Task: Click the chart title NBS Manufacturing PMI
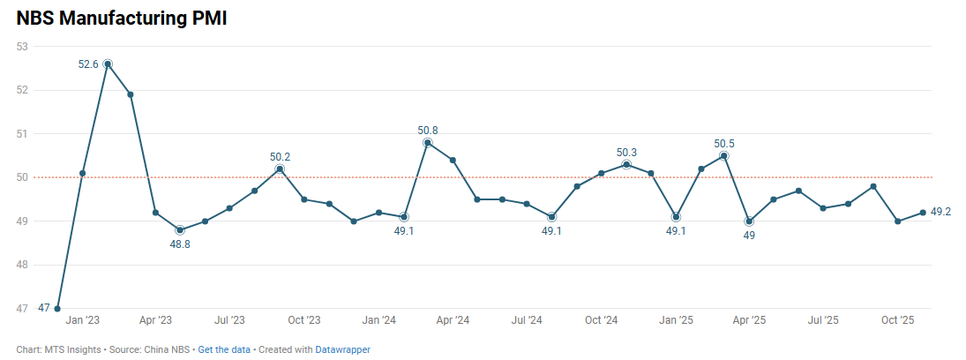point(122,19)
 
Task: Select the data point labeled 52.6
point(107,64)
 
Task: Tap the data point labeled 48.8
point(180,229)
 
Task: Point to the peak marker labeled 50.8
point(428,142)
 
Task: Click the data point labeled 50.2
point(280,169)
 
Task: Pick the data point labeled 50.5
point(724,155)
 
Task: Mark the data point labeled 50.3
point(626,164)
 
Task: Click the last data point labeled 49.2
point(923,212)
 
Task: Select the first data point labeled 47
point(57,309)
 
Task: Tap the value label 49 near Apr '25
point(749,236)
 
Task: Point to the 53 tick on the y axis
point(22,46)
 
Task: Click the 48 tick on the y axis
point(22,265)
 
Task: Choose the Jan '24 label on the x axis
point(378,320)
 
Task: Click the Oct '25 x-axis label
point(898,320)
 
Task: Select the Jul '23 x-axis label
point(229,320)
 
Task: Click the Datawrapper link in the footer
point(342,349)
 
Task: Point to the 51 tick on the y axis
point(22,133)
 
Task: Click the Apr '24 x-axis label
point(453,320)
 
